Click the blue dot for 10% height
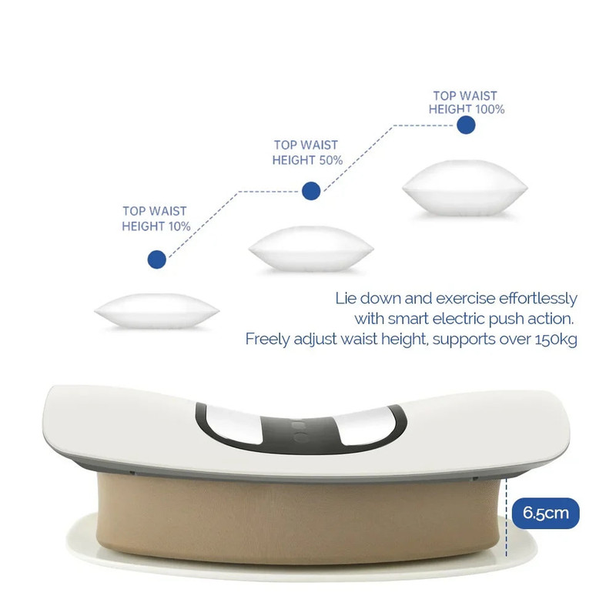(x=157, y=259)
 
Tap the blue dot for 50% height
(x=311, y=190)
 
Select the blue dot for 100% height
(x=465, y=126)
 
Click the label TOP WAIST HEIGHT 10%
(x=155, y=219)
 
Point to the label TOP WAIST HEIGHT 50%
(x=306, y=152)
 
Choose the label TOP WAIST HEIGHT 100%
(x=466, y=103)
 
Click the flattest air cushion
(x=157, y=312)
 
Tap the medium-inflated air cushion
(x=311, y=249)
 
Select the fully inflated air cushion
(x=465, y=188)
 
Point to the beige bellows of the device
(x=300, y=516)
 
